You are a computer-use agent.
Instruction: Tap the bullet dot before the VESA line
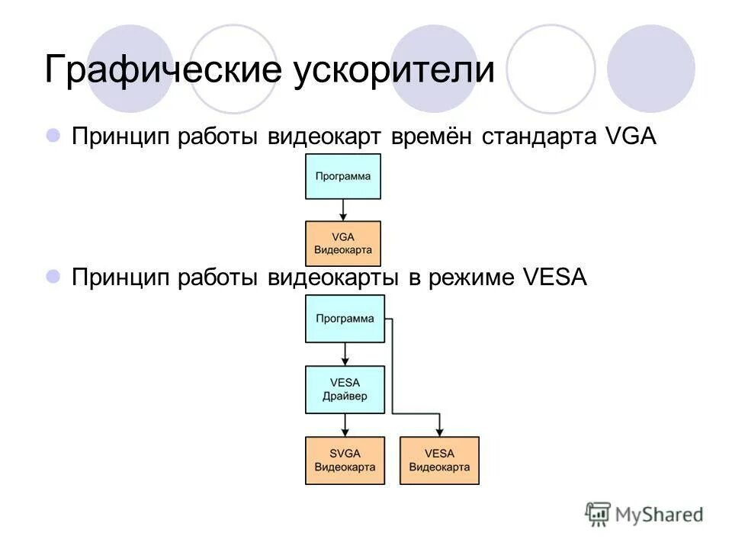click(53, 277)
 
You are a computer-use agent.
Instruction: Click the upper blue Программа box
click(343, 176)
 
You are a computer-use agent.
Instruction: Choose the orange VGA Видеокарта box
click(343, 243)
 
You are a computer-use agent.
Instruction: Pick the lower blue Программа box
click(345, 319)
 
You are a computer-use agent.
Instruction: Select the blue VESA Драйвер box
click(345, 389)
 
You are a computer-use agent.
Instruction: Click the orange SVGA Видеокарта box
click(345, 460)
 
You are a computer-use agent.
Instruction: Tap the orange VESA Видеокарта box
click(439, 460)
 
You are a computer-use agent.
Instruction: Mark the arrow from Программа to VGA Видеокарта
click(343, 210)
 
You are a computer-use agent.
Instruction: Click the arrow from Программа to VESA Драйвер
click(345, 354)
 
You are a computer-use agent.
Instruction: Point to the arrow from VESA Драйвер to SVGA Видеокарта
click(345, 425)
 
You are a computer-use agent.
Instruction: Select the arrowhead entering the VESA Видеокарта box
click(439, 432)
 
